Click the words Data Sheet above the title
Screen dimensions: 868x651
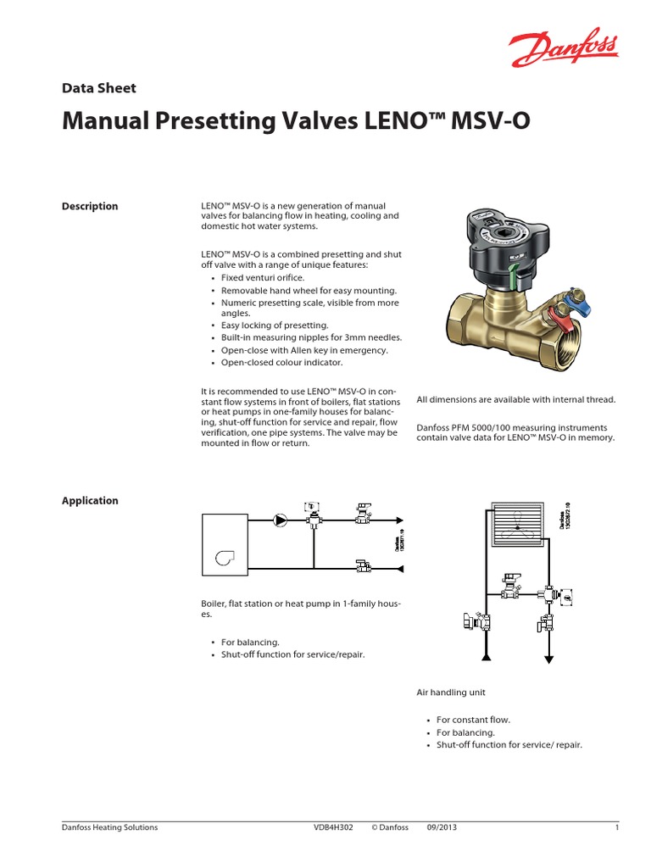98,87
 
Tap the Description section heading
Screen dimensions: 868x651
90,206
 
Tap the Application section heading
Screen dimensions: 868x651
90,500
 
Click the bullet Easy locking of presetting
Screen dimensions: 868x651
274,325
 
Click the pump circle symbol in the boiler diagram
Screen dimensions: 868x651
281,520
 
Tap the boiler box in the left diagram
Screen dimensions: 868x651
225,545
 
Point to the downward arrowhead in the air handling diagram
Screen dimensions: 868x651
550,658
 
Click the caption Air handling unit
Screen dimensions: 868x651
451,693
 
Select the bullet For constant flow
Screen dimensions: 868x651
473,720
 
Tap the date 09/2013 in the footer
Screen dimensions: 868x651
442,827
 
